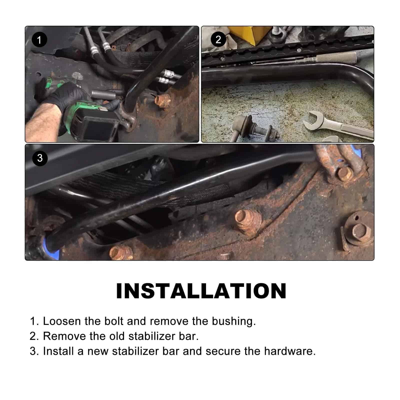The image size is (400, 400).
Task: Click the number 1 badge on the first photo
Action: pyautogui.click(x=39, y=40)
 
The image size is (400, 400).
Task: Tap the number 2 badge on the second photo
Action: pyautogui.click(x=218, y=39)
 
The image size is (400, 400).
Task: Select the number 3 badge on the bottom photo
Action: pyautogui.click(x=40, y=158)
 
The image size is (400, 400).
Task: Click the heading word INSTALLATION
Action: pyautogui.click(x=201, y=291)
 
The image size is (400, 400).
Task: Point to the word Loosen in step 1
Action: pyautogui.click(x=62, y=321)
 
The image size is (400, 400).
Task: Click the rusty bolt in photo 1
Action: pyautogui.click(x=162, y=101)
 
